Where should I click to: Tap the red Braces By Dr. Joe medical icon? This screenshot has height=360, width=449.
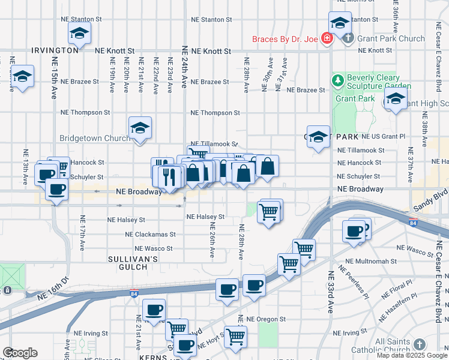click(x=327, y=40)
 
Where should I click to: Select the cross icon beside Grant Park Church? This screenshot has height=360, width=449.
click(x=349, y=38)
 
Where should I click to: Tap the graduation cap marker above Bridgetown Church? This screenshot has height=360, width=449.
click(x=140, y=128)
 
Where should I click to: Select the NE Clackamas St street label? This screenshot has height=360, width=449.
click(x=150, y=235)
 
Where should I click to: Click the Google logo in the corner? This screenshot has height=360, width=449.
click(x=20, y=353)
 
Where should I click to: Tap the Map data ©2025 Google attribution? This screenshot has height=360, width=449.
click(x=412, y=355)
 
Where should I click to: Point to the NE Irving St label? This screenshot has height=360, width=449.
click(x=89, y=332)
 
